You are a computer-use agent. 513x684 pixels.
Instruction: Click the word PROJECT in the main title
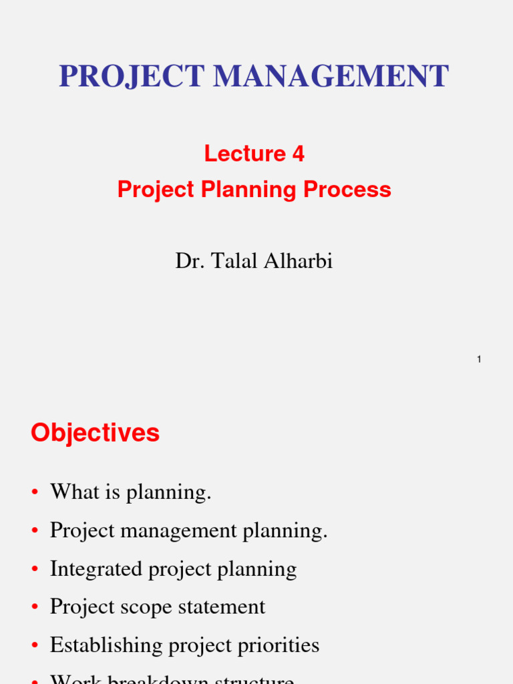point(132,76)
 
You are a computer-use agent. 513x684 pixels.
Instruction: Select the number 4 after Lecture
point(298,154)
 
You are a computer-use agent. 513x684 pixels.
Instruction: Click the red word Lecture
point(245,154)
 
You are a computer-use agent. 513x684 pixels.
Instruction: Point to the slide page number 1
point(479,360)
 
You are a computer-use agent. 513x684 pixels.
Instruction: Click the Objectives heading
point(95,433)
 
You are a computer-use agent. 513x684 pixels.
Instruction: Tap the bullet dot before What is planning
point(34,494)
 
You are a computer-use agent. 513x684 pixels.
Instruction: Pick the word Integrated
point(96,569)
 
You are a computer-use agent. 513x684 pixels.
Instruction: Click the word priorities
point(279,645)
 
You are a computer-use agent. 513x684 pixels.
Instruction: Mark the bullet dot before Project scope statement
point(34,608)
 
